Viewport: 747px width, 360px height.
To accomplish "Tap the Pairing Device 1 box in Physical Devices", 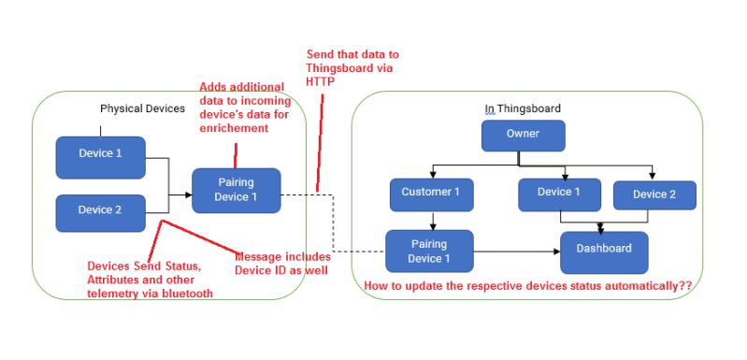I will [236, 191].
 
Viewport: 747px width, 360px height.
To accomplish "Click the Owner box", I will [523, 135].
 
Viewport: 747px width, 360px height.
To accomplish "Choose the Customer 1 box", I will [431, 194].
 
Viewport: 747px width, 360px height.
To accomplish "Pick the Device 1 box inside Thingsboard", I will [559, 194].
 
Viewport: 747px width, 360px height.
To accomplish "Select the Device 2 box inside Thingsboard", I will [654, 195].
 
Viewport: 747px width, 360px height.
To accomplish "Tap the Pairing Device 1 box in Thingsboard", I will [429, 252].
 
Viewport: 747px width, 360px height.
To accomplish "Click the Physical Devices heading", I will [142, 109].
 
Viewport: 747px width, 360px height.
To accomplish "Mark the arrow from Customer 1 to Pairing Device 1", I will [431, 221].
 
